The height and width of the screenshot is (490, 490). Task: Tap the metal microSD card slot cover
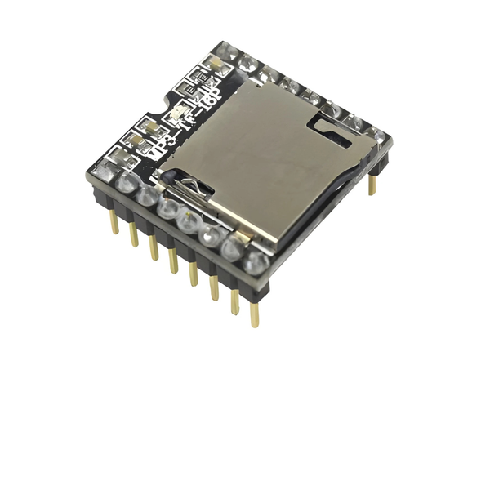point(261,155)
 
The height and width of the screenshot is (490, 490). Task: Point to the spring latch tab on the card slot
point(196,189)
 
